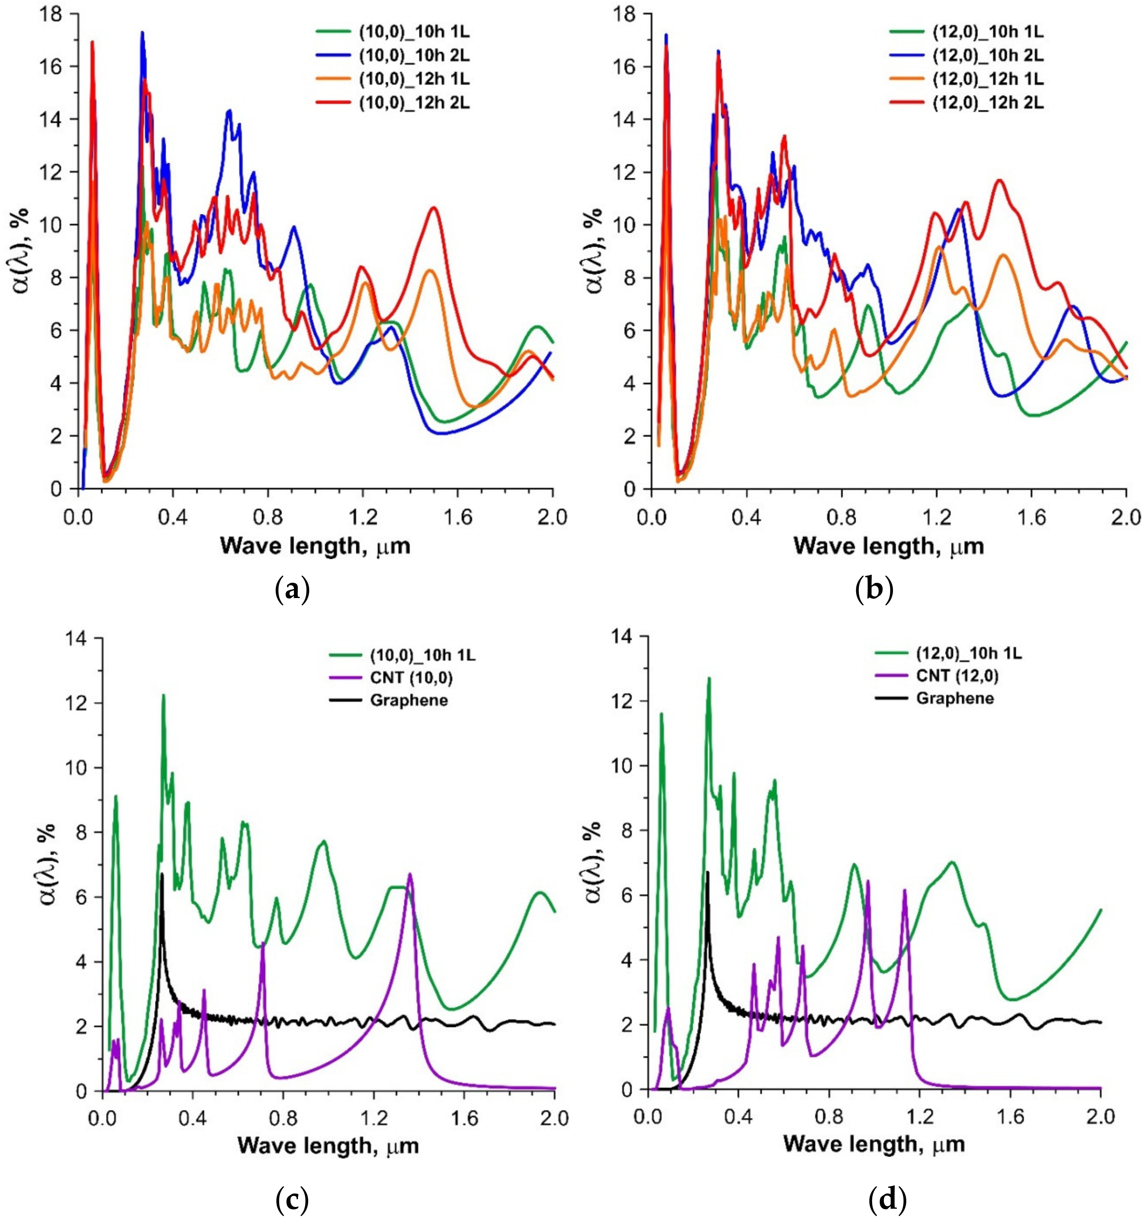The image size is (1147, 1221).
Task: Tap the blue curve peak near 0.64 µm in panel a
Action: click(x=229, y=111)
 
